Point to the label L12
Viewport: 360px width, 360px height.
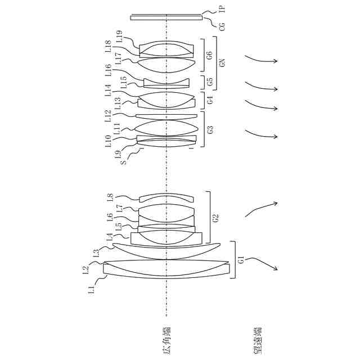[109, 116]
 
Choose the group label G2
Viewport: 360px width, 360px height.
[215, 217]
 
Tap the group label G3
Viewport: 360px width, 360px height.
[210, 130]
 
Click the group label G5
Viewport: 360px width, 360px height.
[209, 81]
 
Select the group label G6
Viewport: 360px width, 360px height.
[209, 55]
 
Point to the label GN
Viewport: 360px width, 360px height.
[222, 62]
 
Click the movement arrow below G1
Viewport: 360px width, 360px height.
[262, 263]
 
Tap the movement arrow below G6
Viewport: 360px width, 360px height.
[261, 59]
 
